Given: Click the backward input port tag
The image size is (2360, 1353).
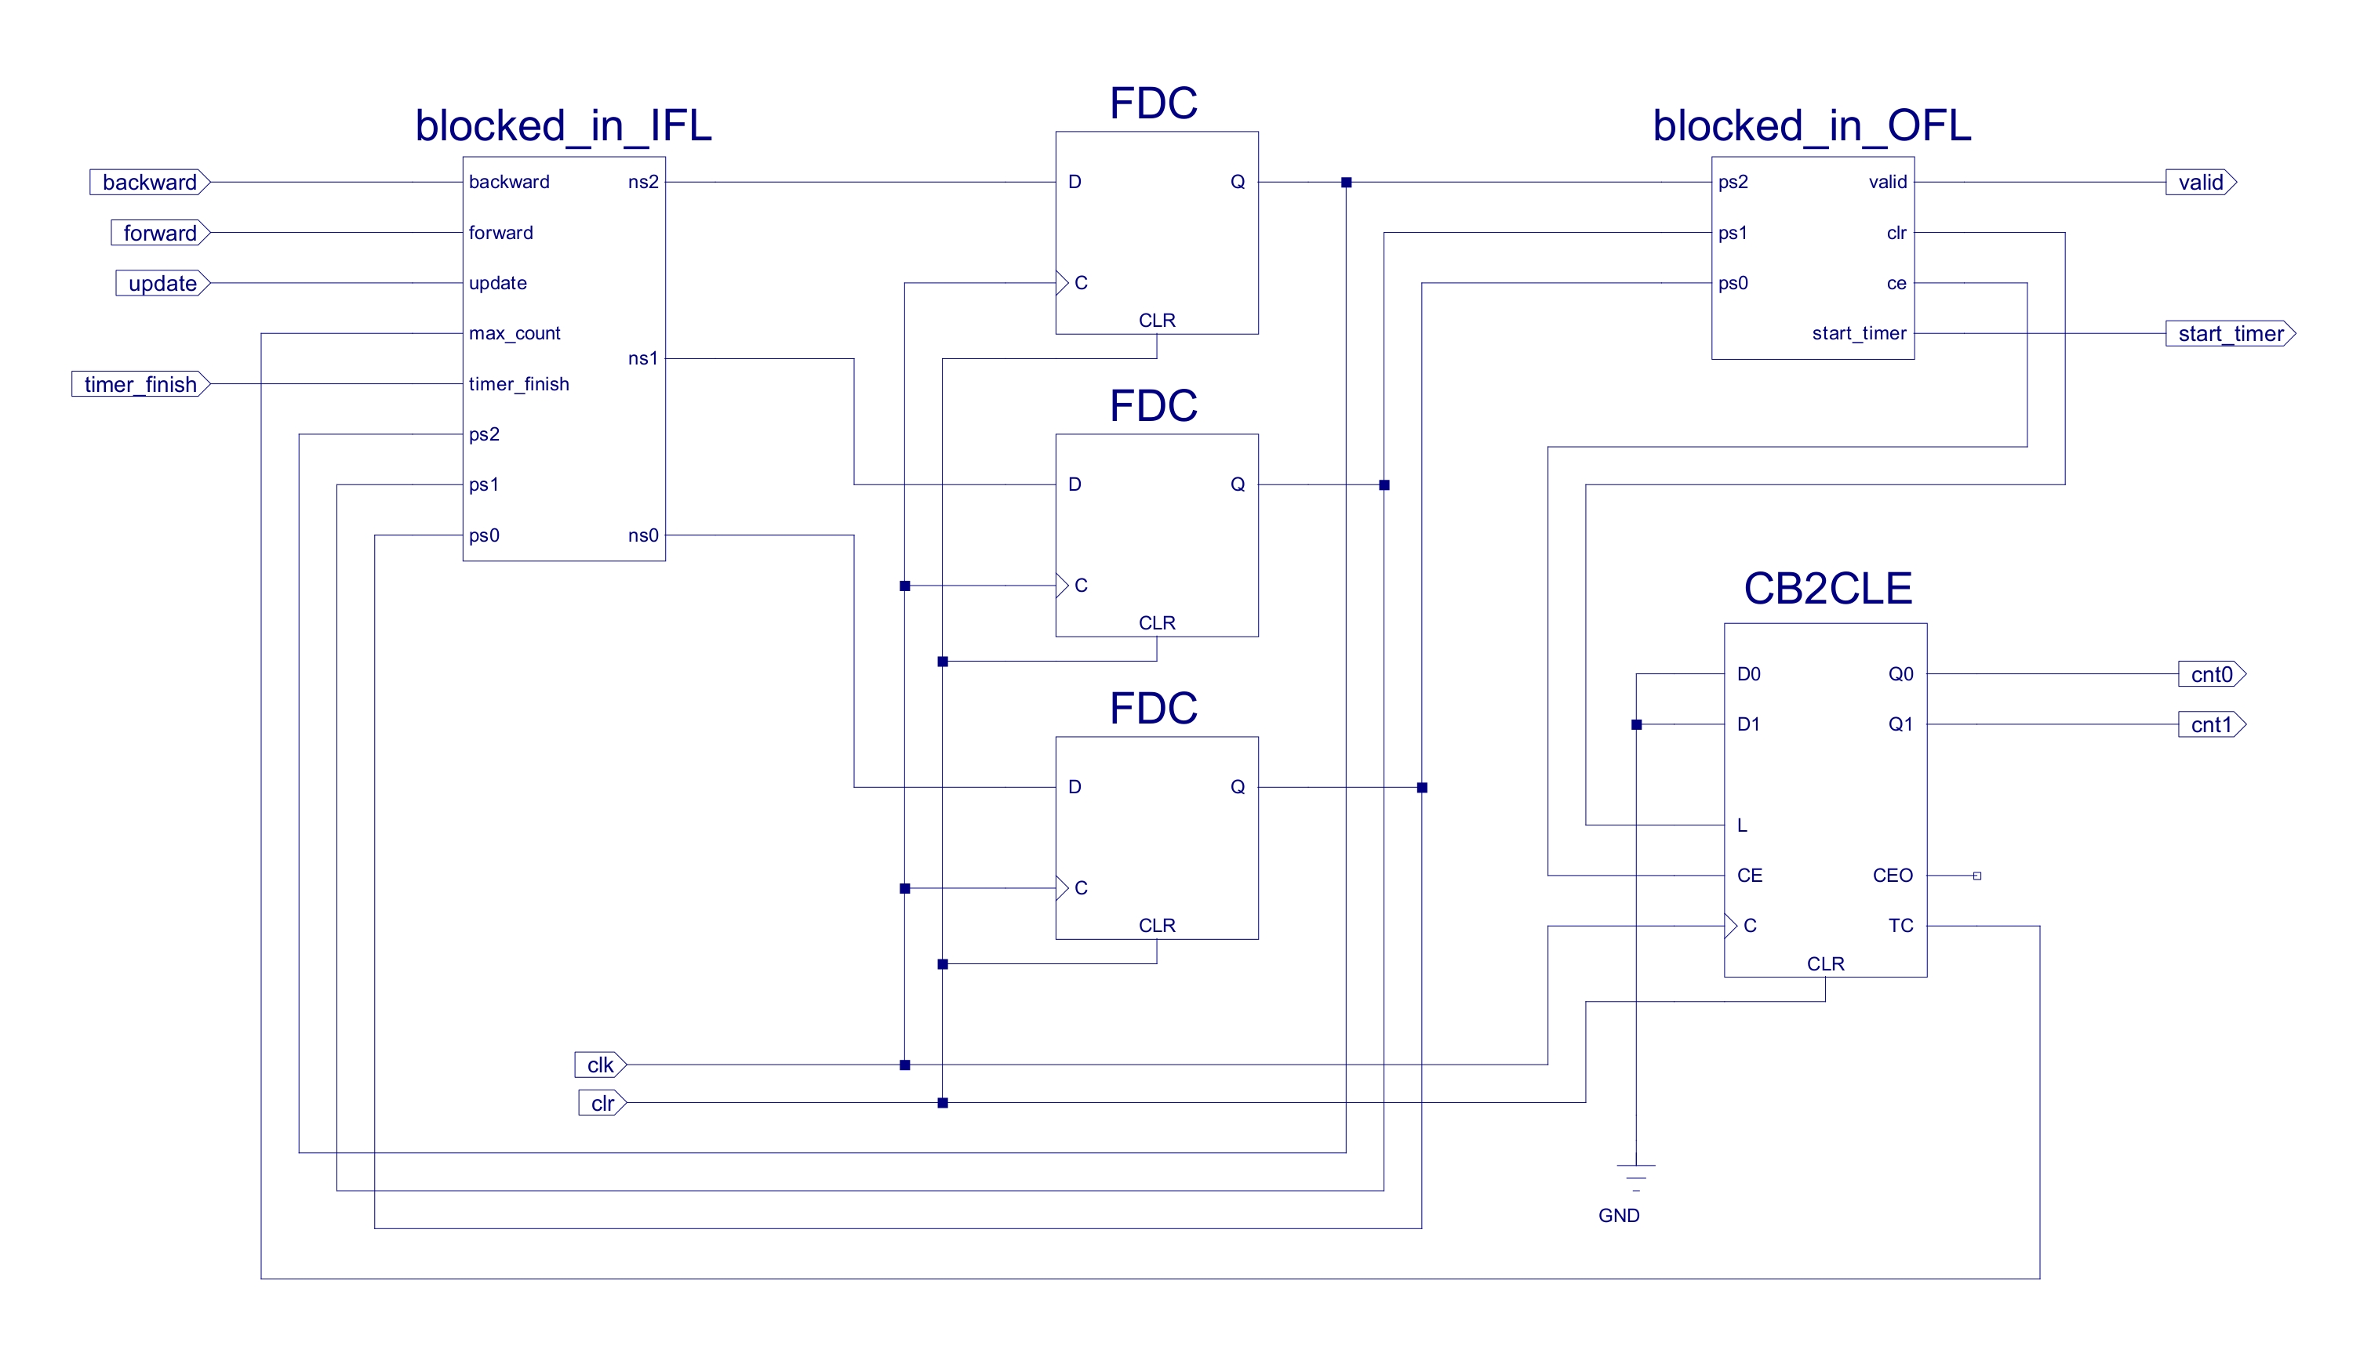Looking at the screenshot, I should click(x=150, y=182).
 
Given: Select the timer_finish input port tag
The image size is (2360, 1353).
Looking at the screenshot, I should click(x=140, y=384).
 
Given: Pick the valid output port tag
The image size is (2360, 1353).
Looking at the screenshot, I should click(x=2200, y=182).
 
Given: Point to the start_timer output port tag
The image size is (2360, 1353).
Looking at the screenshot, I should click(x=2230, y=334).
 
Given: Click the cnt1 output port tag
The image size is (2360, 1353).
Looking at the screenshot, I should click(x=2211, y=725).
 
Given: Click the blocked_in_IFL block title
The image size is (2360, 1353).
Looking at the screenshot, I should click(x=563, y=125).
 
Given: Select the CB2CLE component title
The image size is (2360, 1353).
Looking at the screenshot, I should click(x=1827, y=588).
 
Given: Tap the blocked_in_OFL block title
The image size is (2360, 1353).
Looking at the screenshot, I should click(x=1812, y=125).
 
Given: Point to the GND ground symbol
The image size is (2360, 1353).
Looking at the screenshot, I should click(x=1636, y=1178).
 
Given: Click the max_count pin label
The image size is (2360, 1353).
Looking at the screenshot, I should click(x=514, y=334).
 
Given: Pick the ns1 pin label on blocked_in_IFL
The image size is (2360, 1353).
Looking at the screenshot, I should click(x=642, y=359).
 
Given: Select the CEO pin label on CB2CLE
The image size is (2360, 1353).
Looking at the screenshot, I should click(x=1893, y=876).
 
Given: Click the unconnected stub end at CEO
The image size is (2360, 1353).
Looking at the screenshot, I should click(x=1977, y=876).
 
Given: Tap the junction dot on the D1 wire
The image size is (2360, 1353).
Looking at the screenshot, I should click(x=1637, y=725).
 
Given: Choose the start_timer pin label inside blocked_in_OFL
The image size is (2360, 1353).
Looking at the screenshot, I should click(x=1859, y=334).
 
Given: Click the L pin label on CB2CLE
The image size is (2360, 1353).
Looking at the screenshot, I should click(x=1742, y=825).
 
